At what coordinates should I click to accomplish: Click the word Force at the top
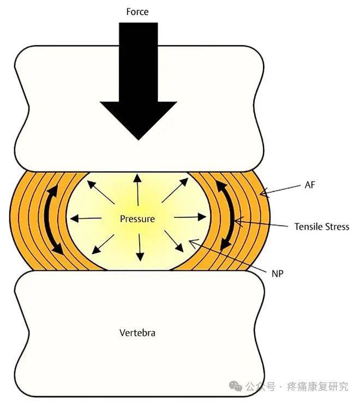tap(137, 12)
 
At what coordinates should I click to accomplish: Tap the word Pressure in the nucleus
tap(137, 219)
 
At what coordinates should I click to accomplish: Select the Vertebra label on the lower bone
tap(137, 333)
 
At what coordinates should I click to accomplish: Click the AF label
tap(310, 185)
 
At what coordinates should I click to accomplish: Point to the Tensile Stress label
tap(322, 227)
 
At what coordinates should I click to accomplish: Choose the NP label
tap(278, 274)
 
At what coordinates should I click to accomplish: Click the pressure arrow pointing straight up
tap(138, 190)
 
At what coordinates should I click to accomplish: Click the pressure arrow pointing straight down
tap(140, 247)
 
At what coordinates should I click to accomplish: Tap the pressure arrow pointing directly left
tap(86, 218)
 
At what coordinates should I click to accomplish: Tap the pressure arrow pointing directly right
tap(190, 217)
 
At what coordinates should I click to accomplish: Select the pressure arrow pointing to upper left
tap(100, 192)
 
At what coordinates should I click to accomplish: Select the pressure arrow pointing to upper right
tap(175, 190)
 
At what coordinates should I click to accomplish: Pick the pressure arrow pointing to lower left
tap(103, 244)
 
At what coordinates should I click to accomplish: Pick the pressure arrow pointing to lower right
tap(174, 241)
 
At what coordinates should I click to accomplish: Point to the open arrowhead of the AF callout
tap(264, 193)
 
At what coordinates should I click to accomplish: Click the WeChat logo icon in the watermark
tap(235, 386)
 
